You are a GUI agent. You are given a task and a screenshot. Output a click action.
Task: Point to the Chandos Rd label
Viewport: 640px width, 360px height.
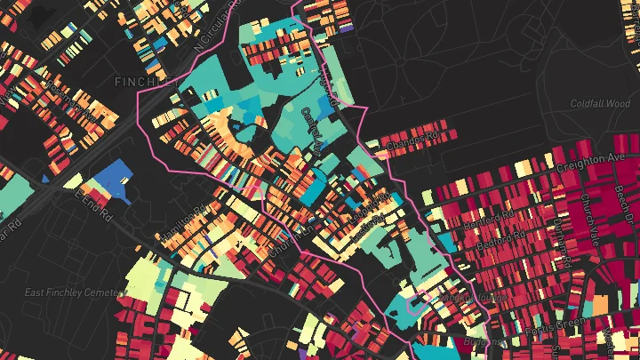point(414,140)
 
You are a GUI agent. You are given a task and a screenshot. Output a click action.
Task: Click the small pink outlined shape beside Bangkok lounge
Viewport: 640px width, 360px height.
point(414,303)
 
